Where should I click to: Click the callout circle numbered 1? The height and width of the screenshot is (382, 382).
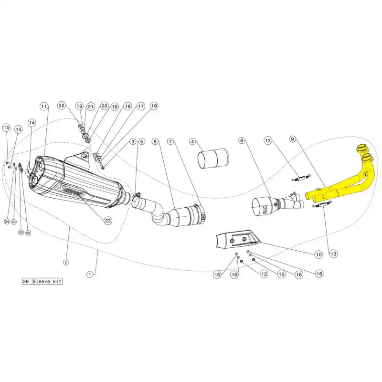[x=89, y=274]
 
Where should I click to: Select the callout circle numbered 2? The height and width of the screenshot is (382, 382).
[x=66, y=262]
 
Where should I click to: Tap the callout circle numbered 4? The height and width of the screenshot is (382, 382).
[x=192, y=141]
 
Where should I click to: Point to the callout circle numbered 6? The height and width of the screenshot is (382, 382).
[x=155, y=141]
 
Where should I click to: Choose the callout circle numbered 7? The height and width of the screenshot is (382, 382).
[x=170, y=141]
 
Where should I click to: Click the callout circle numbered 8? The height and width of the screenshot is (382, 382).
[x=242, y=140]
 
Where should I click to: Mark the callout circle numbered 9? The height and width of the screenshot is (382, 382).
[x=293, y=139]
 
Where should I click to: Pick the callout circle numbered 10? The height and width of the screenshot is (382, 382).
[x=318, y=255]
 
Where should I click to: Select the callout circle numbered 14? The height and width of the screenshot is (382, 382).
[x=32, y=122]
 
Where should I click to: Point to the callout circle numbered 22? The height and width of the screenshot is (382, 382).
[x=61, y=105]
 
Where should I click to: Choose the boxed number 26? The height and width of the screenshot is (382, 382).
[x=26, y=282]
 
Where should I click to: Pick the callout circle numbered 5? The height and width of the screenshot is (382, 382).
[x=141, y=141]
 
